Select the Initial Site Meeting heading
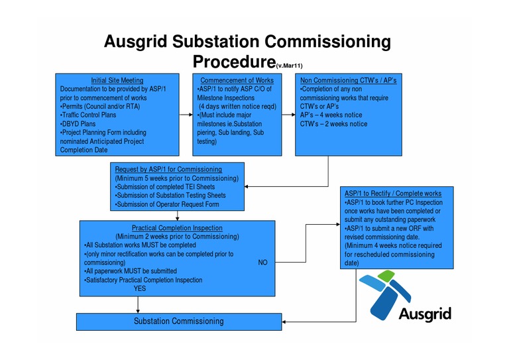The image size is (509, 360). pos(117,80)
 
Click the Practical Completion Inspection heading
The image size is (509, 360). pos(177,228)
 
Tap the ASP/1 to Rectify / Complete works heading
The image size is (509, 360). pos(392,194)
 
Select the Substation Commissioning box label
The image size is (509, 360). pos(178,322)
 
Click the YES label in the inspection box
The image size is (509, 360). pos(140,288)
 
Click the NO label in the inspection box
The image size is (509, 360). pos(262,263)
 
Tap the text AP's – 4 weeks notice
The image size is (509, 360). pos(331,115)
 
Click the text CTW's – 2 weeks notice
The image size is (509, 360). pos(333,123)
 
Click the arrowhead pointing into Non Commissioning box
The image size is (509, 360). pos(291,115)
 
